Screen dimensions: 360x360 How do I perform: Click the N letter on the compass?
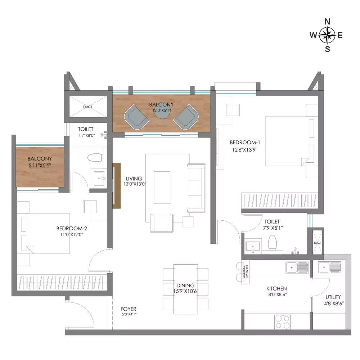pyautogui.click(x=327, y=22)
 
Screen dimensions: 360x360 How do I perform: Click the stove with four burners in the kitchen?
pyautogui.click(x=283, y=321)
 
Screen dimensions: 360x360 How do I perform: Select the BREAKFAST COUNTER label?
pyautogui.click(x=246, y=272)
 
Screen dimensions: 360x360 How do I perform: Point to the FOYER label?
pyautogui.click(x=129, y=309)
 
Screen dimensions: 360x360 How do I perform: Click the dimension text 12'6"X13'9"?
pyautogui.click(x=244, y=150)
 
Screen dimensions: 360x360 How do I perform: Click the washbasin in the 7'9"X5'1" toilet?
pyautogui.click(x=253, y=247)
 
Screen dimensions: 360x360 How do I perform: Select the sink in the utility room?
pyautogui.click(x=329, y=267)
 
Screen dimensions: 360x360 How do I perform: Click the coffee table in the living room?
pyautogui.click(x=162, y=187)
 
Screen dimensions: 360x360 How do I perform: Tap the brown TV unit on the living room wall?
pyautogui.click(x=116, y=185)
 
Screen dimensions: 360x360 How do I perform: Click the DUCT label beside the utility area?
pyautogui.click(x=317, y=243)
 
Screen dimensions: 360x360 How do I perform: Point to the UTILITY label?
pyautogui.click(x=333, y=297)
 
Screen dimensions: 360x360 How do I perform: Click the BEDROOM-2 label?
pyautogui.click(x=72, y=229)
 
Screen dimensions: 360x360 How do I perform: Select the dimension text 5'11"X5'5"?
pyautogui.click(x=40, y=165)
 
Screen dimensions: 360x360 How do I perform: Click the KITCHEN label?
pyautogui.click(x=276, y=289)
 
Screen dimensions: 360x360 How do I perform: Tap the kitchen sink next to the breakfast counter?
pyautogui.click(x=297, y=267)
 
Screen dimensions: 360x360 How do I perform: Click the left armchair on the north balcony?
pyautogui.click(x=136, y=117)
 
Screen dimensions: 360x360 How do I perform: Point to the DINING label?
pyautogui.click(x=185, y=285)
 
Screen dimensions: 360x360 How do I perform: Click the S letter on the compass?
pyautogui.click(x=327, y=49)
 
